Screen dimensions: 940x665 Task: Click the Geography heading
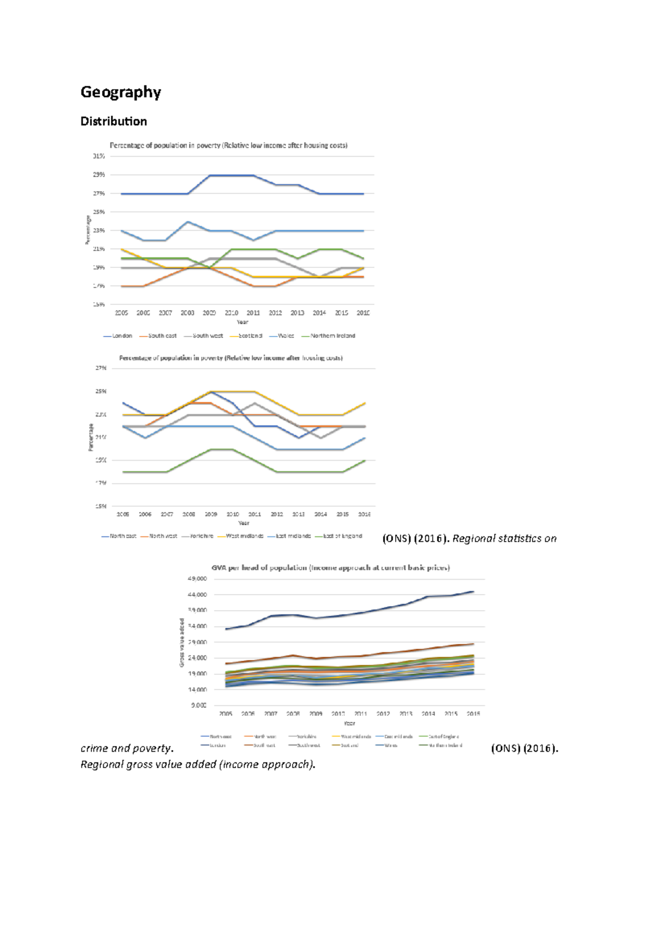coord(120,92)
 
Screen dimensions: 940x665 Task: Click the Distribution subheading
coord(114,121)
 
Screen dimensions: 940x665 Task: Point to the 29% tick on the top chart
coord(99,175)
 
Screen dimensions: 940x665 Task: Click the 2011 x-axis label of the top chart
coord(253,313)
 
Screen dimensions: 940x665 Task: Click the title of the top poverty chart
coord(228,146)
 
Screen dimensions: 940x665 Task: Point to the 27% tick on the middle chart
coord(101,368)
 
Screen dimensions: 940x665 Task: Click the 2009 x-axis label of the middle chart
coord(211,514)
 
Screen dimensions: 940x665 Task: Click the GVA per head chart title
coord(330,567)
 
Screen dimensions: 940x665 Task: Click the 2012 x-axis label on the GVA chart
coord(383,714)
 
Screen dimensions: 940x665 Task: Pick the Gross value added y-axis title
coord(182,642)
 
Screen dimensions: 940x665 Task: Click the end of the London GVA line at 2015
coord(473,592)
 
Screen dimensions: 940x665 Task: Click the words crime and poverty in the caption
coord(126,748)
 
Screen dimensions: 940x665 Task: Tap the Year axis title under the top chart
coord(242,322)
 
